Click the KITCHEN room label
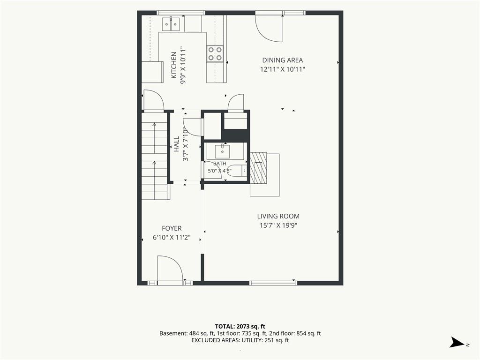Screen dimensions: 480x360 click(x=173, y=65)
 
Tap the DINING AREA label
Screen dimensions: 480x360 click(x=283, y=60)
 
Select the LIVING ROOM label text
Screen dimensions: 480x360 click(x=278, y=216)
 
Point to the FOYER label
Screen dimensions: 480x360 click(x=172, y=228)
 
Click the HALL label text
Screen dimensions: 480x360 click(x=177, y=144)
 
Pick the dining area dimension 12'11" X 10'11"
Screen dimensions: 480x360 click(x=283, y=69)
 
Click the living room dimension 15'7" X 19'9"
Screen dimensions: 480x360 click(x=278, y=225)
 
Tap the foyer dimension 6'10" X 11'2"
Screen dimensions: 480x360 click(x=172, y=237)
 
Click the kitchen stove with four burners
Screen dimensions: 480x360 click(x=215, y=53)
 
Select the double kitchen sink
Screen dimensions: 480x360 click(x=171, y=24)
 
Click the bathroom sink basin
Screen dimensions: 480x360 click(x=222, y=150)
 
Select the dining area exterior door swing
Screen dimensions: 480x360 click(x=269, y=28)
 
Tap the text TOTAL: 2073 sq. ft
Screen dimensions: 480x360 click(x=240, y=326)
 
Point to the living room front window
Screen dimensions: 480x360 click(x=273, y=283)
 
